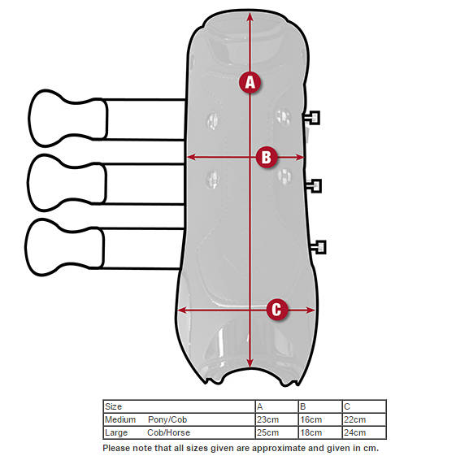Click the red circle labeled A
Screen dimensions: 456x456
pos(250,82)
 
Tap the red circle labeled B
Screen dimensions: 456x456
pos(267,157)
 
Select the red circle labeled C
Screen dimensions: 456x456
pos(277,310)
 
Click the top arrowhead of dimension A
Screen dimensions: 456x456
pos(250,16)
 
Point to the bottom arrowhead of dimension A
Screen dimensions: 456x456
pos(250,363)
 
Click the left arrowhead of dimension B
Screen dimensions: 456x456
pos(191,158)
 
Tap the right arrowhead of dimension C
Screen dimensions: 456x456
pos(310,310)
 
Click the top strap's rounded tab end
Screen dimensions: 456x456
pos(68,118)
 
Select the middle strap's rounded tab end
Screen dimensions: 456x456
pos(67,183)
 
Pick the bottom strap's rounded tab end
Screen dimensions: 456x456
pos(64,247)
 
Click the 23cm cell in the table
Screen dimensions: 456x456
pos(267,419)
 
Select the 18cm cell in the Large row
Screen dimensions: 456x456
pos(311,432)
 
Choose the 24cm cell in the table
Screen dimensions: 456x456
pos(354,432)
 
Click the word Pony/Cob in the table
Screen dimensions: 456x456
pos(167,419)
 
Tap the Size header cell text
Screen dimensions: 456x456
pos(113,406)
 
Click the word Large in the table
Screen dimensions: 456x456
pos(116,432)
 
